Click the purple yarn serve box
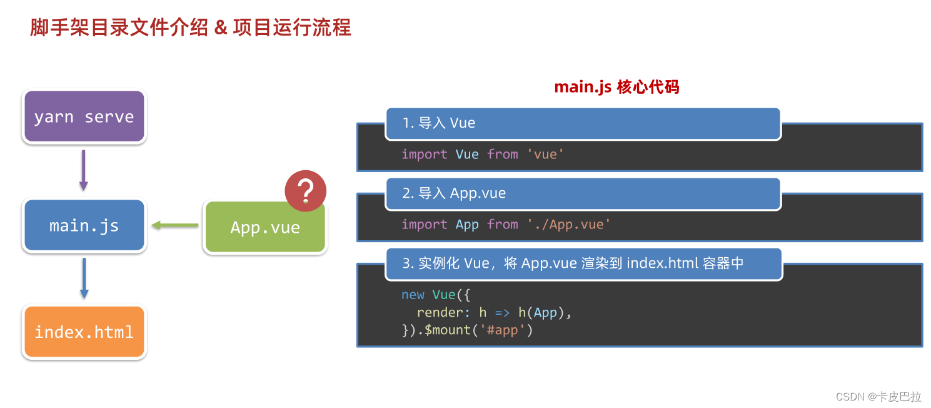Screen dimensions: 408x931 84,116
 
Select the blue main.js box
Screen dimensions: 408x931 84,225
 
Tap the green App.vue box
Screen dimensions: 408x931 265,227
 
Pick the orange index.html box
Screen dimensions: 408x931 84,331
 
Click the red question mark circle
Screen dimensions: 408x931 305,190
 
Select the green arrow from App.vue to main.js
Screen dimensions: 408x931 174,225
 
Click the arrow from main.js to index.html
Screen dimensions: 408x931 84,278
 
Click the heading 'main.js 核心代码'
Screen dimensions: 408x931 616,87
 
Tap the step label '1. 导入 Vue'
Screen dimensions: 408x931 439,123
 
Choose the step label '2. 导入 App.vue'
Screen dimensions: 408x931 454,193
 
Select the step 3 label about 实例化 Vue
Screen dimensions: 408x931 573,263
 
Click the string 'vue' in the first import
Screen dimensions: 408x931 545,154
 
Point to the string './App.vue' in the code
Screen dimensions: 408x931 568,224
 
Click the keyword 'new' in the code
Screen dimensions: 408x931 413,294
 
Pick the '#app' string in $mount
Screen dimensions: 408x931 502,330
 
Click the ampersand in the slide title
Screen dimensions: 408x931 220,28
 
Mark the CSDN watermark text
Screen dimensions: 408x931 878,397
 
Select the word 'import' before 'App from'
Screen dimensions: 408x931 424,224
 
